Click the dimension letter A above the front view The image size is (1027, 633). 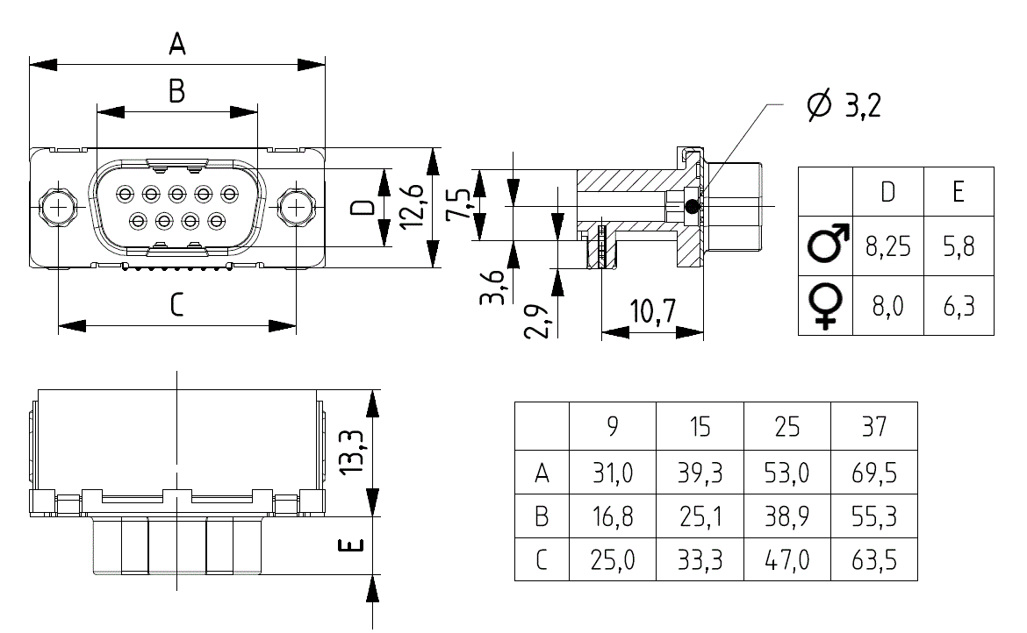[x=177, y=45]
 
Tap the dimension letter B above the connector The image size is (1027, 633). [x=176, y=91]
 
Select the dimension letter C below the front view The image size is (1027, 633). [x=176, y=305]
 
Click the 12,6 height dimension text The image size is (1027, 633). [x=412, y=207]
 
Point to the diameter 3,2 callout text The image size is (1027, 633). [x=844, y=104]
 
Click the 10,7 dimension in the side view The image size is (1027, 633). [x=652, y=312]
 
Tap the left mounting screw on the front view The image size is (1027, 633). [x=58, y=208]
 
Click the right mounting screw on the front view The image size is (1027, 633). [x=296, y=208]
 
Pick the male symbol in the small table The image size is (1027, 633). [x=828, y=243]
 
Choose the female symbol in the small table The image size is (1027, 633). [x=826, y=305]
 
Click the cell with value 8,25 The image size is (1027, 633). [x=888, y=246]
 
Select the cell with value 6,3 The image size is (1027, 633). [x=959, y=306]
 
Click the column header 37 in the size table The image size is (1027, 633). [x=874, y=426]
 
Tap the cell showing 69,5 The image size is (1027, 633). [x=874, y=473]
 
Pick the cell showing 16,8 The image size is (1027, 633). [x=613, y=516]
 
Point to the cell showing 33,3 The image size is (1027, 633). [x=700, y=559]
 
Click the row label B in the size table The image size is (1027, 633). [x=542, y=516]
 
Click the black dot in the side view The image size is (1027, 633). [x=692, y=207]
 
